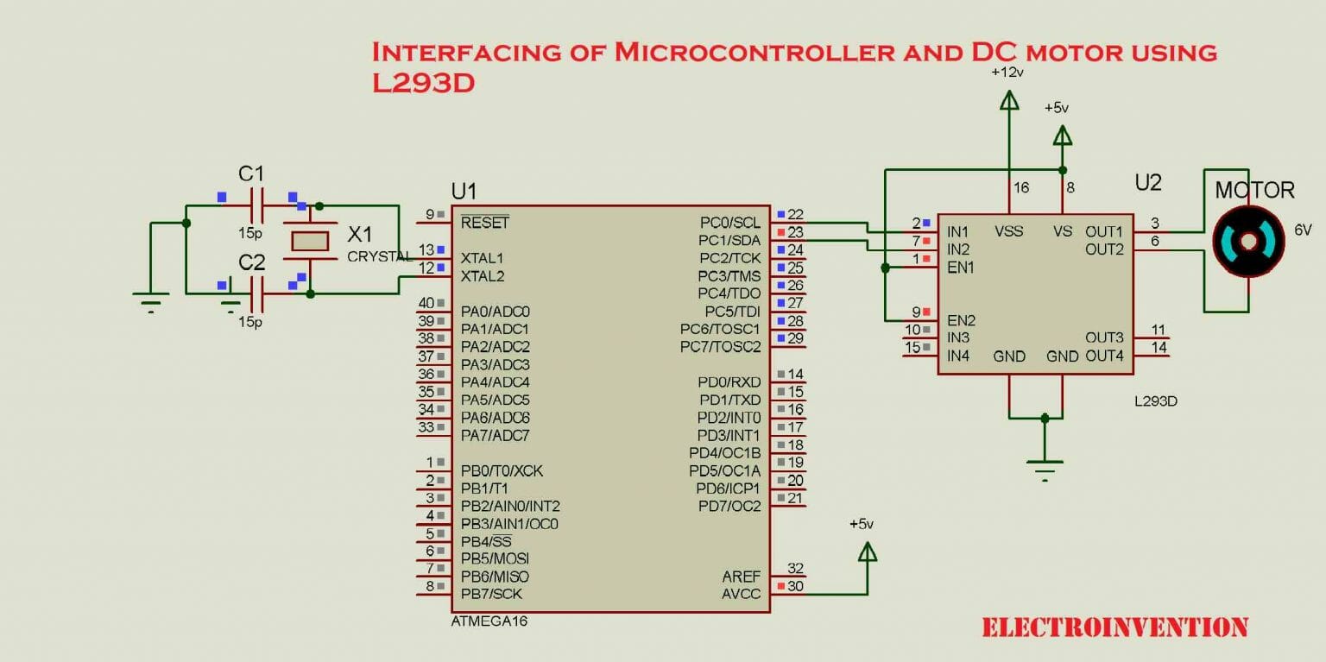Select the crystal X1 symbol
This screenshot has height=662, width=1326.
click(x=310, y=242)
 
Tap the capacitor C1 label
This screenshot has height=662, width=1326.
click(x=251, y=173)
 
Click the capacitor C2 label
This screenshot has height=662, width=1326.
click(x=251, y=262)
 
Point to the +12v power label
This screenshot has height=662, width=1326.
click(x=1007, y=72)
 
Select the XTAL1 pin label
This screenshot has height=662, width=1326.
click(x=483, y=258)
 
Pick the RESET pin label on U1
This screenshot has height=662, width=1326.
click(x=484, y=223)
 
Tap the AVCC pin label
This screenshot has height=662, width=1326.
click(x=742, y=594)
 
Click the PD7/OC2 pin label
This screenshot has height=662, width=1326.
click(x=729, y=506)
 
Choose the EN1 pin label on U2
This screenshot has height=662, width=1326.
click(x=961, y=268)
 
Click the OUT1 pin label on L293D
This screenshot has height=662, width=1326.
click(x=1104, y=231)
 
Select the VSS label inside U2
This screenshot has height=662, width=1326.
click(x=1008, y=231)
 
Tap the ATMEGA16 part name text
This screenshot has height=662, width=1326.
click(x=489, y=621)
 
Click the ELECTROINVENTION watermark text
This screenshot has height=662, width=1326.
click(x=1114, y=627)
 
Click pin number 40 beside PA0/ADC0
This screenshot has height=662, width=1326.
click(x=426, y=303)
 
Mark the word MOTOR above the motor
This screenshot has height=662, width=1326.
click(x=1254, y=190)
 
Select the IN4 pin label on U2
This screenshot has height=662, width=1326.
click(x=958, y=356)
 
